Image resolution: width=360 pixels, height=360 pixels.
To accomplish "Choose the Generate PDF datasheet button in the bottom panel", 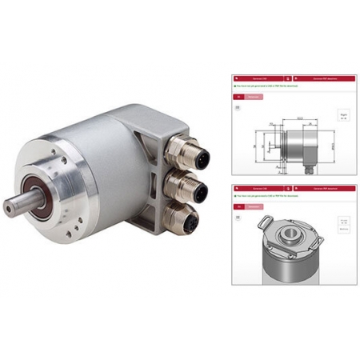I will coord(322,186).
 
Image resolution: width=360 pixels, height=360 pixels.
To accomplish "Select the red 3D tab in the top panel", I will coord(237,96).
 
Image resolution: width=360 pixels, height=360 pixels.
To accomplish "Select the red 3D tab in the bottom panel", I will coord(237,206).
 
